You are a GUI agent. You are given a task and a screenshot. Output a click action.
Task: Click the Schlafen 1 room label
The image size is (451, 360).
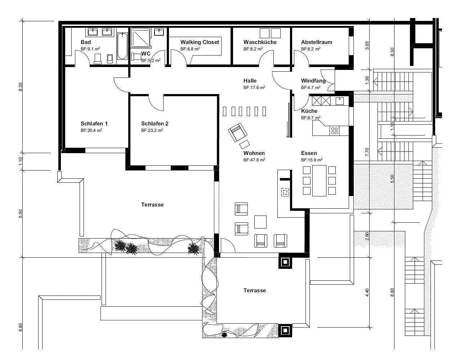click(x=94, y=124)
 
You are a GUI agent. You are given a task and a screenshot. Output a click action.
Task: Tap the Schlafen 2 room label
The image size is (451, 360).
click(x=155, y=124)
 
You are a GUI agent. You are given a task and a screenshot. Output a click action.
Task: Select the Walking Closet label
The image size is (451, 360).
click(x=200, y=42)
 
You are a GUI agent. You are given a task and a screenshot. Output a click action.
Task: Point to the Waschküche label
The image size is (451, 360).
click(x=260, y=42)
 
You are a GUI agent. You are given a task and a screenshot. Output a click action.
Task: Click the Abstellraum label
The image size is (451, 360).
click(x=316, y=42)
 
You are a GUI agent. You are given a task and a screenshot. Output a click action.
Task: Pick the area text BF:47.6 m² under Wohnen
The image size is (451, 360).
click(x=254, y=160)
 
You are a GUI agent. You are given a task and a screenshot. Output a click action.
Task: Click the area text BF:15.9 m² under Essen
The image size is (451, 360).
click(x=312, y=160)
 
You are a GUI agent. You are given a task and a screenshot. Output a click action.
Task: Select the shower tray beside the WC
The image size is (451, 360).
click(x=140, y=38)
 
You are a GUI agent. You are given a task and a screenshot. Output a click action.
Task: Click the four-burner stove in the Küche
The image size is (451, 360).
click(x=335, y=130)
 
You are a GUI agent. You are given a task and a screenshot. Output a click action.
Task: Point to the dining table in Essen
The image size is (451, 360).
click(x=319, y=181)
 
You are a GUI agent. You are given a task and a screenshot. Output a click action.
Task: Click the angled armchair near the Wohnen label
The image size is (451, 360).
click(x=238, y=132)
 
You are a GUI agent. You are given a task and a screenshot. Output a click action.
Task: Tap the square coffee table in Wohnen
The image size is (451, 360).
click(x=260, y=222)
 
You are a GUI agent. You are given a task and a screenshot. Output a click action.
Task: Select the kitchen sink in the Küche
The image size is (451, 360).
click(x=339, y=101)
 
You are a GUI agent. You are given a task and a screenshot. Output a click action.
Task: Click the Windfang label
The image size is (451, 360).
click(x=313, y=81)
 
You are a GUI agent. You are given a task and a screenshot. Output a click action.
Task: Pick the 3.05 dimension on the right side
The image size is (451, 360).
click(x=367, y=45)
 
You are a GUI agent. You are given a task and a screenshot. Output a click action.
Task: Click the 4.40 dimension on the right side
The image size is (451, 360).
click(x=367, y=293)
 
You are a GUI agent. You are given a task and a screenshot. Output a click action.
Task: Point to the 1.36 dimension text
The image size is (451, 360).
click(x=367, y=80)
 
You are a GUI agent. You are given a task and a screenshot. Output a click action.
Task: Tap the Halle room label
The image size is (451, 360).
click(x=250, y=81)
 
